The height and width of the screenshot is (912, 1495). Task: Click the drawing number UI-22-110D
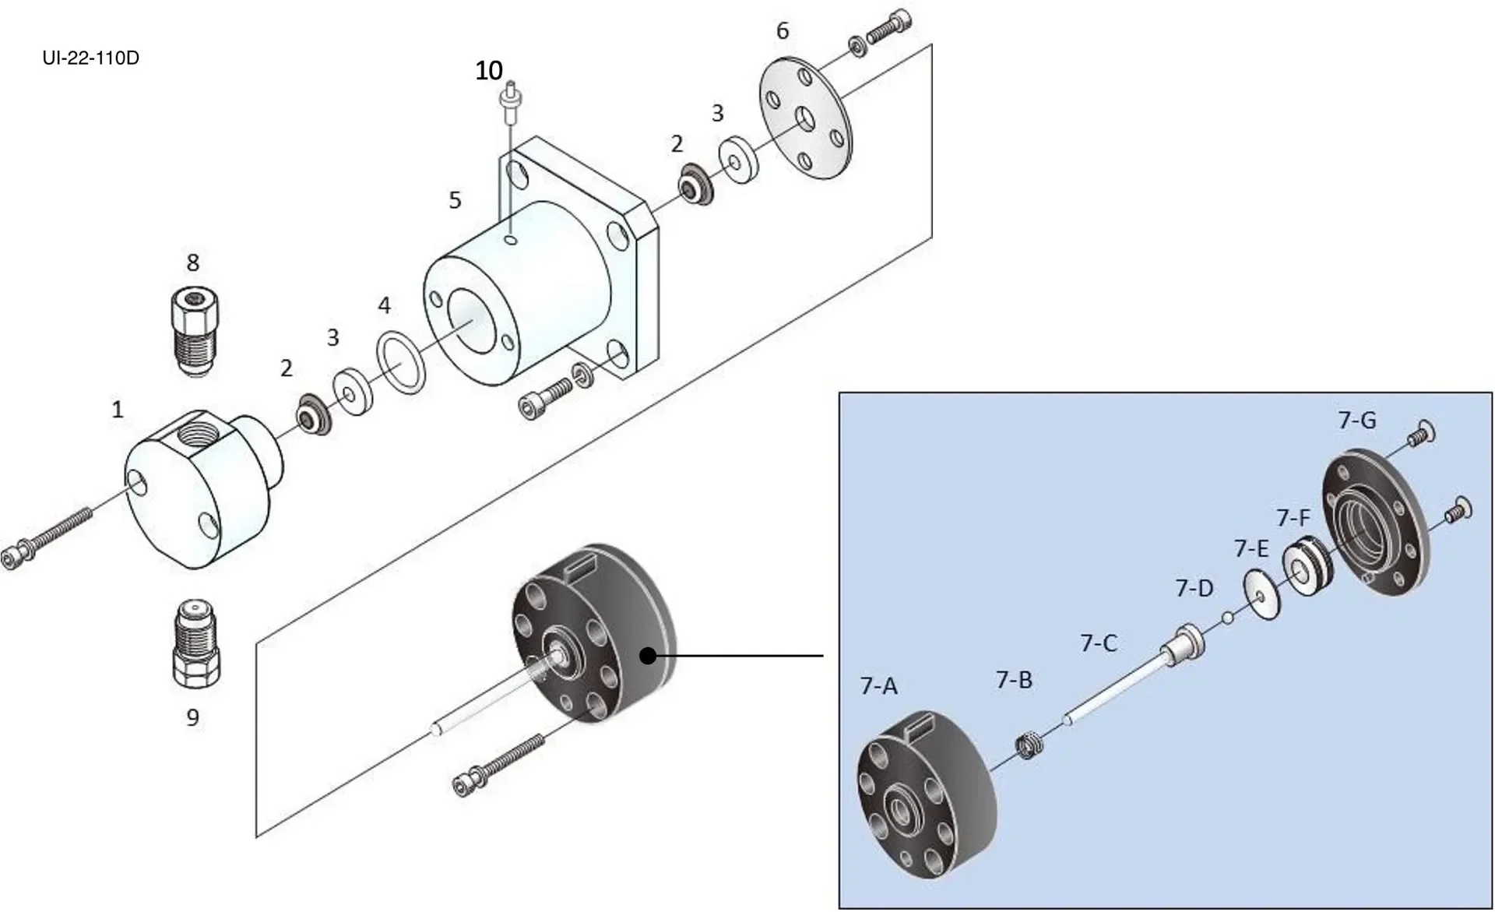pyautogui.click(x=91, y=58)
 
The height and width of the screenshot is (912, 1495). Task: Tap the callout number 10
pyautogui.click(x=489, y=71)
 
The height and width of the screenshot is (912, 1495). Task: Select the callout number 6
pyautogui.click(x=782, y=31)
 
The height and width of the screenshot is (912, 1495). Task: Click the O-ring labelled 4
pyautogui.click(x=402, y=362)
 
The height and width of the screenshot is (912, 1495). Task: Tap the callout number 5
pyautogui.click(x=455, y=200)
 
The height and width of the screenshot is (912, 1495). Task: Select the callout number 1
pyautogui.click(x=118, y=410)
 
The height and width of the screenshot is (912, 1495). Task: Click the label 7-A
pyautogui.click(x=878, y=686)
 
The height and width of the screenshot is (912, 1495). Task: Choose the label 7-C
pyautogui.click(x=1099, y=643)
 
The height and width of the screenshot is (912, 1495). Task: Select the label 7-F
pyautogui.click(x=1293, y=517)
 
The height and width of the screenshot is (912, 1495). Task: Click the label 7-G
pyautogui.click(x=1357, y=421)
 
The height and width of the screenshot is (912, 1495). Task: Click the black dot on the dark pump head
pyautogui.click(x=648, y=656)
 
